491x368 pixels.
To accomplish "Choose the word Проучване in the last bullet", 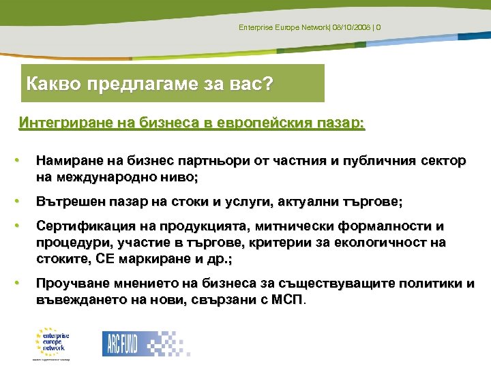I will (69, 283).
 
